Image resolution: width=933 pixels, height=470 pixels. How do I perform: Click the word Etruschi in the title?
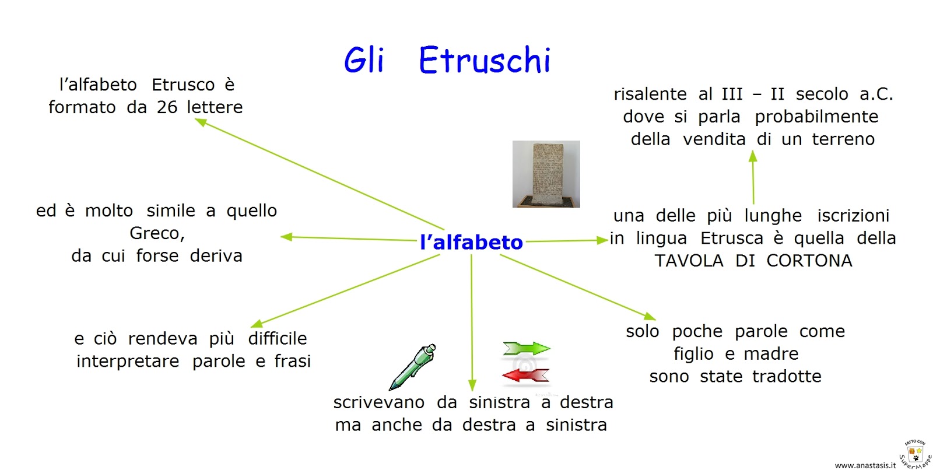[x=485, y=60]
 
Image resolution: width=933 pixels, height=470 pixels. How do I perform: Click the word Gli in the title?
[x=364, y=60]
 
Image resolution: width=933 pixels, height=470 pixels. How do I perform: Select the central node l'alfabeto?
[x=471, y=242]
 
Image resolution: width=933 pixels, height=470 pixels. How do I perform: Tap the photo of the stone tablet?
[x=546, y=174]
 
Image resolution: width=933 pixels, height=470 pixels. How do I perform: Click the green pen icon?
[x=412, y=367]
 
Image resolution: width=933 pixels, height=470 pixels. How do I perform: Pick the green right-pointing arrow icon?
[x=526, y=349]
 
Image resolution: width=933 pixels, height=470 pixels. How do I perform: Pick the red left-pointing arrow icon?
[x=525, y=376]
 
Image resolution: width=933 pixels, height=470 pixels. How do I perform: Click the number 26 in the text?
[x=167, y=107]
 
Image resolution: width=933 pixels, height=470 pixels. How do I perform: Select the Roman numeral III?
[x=732, y=94]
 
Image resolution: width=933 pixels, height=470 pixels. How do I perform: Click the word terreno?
[x=843, y=139]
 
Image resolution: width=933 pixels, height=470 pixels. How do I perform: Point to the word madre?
[x=771, y=354]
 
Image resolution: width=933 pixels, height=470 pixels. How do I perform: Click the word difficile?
[x=278, y=338]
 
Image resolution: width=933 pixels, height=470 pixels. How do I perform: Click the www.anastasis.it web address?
[x=865, y=465]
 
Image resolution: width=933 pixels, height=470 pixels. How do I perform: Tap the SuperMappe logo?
[x=915, y=454]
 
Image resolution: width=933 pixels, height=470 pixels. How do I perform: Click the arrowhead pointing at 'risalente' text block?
[x=753, y=156]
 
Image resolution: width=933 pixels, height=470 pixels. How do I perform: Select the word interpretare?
[x=128, y=362]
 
